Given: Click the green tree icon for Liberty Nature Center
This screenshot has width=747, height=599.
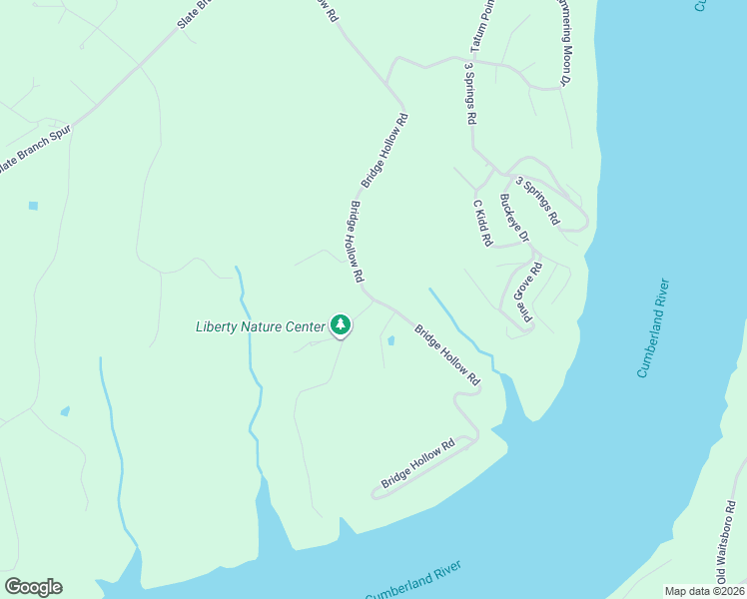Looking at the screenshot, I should [341, 325].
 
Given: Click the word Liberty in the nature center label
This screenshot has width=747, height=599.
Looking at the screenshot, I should [216, 326].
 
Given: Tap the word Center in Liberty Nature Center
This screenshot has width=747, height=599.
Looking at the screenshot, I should [306, 326].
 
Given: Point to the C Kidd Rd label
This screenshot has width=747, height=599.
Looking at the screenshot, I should [482, 222].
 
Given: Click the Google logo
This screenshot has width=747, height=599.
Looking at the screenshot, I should [33, 587].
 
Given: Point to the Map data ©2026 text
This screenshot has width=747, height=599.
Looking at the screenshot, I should [704, 591].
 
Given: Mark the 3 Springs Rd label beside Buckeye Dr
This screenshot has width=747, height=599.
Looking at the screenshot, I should [537, 200].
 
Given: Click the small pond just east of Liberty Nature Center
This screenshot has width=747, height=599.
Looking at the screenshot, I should [390, 340].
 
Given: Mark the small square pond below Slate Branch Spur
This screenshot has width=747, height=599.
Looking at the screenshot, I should [33, 206].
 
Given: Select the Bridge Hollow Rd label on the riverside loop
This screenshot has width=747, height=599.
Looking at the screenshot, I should [417, 464].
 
